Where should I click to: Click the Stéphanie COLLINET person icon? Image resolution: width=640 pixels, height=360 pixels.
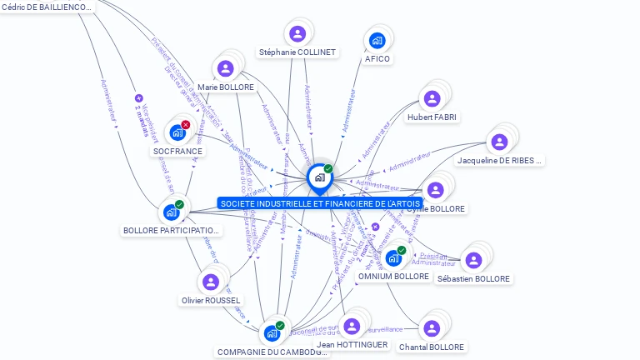297,34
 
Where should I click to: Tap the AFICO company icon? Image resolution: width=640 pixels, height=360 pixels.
377,40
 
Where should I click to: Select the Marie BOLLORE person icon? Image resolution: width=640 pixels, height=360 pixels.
225,69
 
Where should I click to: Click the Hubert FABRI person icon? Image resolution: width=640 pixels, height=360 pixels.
432,99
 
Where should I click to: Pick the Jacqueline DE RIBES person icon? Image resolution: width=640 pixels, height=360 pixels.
499,142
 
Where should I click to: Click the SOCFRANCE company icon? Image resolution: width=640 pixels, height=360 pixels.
177,132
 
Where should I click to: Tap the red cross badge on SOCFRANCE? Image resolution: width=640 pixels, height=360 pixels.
186,125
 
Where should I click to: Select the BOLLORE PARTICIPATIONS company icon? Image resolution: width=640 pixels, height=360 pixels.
171,212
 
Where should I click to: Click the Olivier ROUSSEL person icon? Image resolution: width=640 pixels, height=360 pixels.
210,282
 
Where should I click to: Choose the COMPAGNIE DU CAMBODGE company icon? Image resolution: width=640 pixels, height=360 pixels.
272,333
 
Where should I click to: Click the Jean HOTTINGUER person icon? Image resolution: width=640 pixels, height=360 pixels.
352,326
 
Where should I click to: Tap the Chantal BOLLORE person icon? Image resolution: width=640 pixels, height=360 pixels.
431,328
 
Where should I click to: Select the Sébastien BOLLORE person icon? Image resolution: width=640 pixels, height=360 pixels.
473,261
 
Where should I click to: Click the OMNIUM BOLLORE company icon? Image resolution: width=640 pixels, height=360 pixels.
392,258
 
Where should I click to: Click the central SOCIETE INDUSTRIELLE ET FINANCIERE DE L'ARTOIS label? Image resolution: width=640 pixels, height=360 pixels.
319,203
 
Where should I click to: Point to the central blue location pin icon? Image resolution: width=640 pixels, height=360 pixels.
319,177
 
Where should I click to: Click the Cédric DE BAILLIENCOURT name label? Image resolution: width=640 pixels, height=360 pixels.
47,7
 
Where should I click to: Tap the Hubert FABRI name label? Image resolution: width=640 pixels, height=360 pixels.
432,117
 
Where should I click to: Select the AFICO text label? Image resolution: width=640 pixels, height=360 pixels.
377,59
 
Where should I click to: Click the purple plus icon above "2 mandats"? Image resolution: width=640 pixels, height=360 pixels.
139,97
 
